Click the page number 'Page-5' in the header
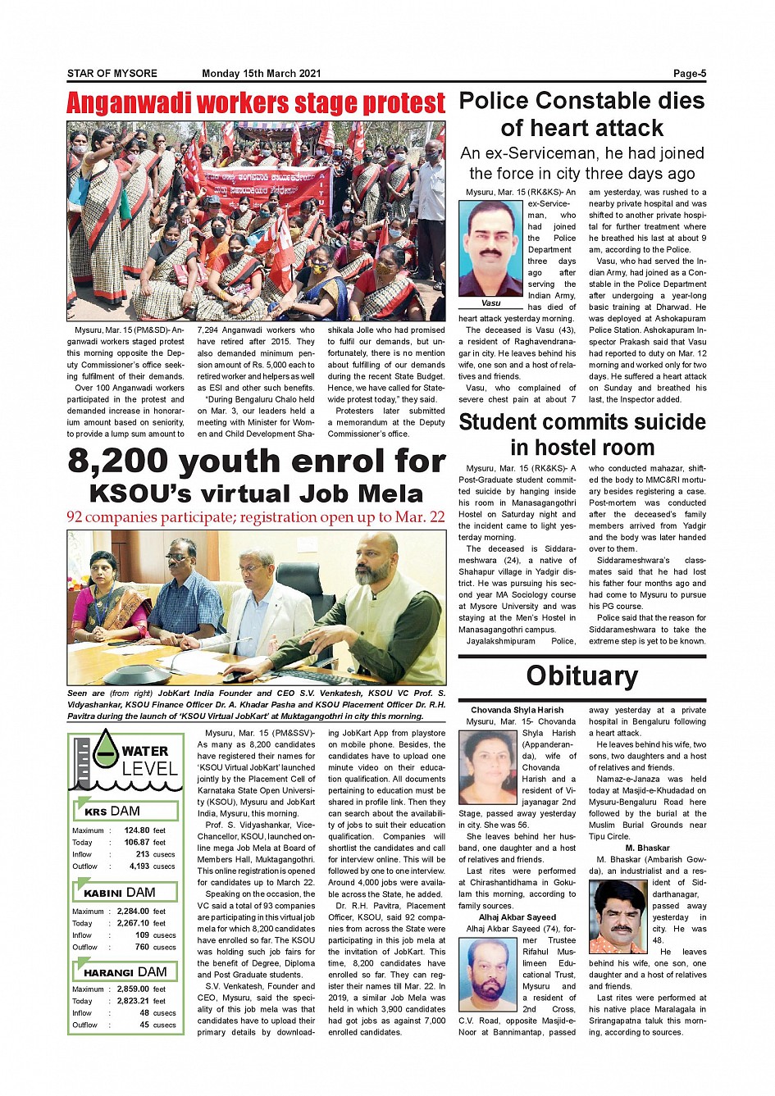689,74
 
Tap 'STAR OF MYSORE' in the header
112,74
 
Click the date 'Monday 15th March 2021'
261,74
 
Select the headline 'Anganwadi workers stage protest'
256,104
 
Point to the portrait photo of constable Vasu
490,248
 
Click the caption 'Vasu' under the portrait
490,303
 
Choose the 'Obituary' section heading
581,675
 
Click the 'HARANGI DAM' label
125,971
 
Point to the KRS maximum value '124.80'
137,830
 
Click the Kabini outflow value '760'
142,947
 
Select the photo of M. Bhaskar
618,916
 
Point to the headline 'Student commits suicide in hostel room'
582,434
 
